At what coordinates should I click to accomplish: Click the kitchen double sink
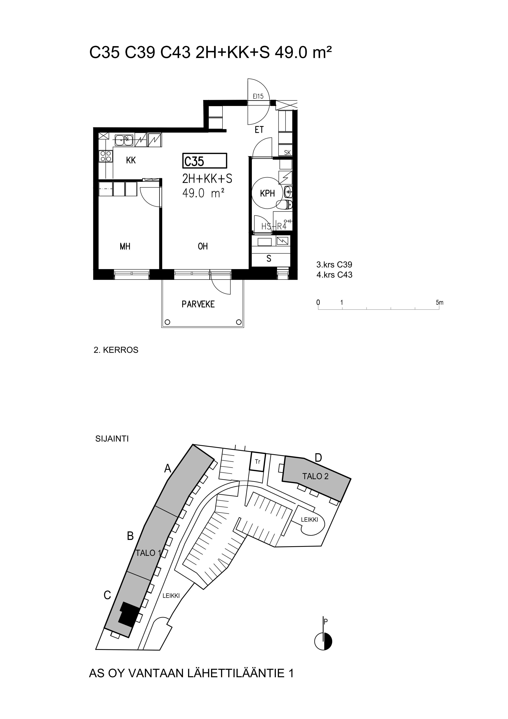pos(124,140)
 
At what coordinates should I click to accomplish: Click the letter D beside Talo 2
pos(318,458)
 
